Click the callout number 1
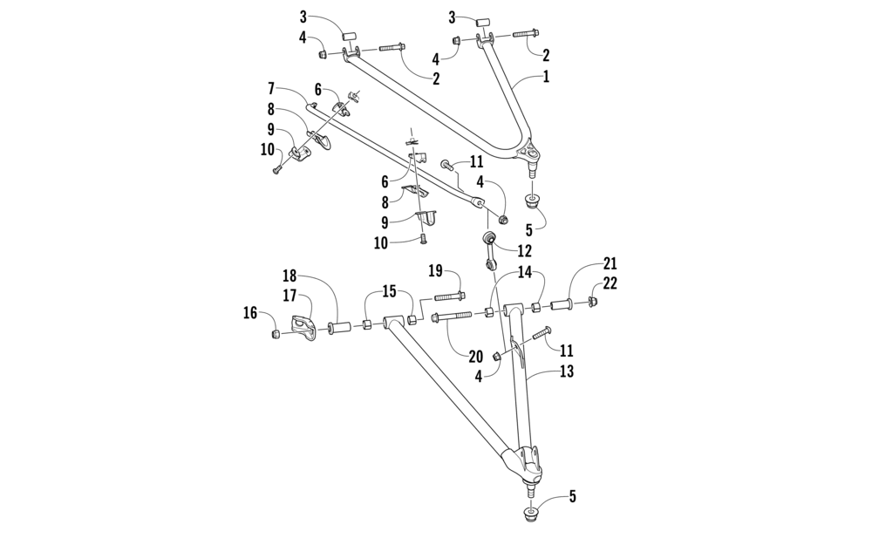coord(547,77)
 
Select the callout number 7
coord(272,88)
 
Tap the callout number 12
coord(524,249)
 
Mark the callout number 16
coord(251,313)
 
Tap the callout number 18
coord(289,276)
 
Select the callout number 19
coord(436,271)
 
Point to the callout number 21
coord(609,263)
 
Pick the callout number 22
coord(610,283)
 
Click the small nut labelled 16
coord(275,333)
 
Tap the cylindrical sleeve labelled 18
coord(338,328)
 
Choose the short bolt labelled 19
coord(449,296)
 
